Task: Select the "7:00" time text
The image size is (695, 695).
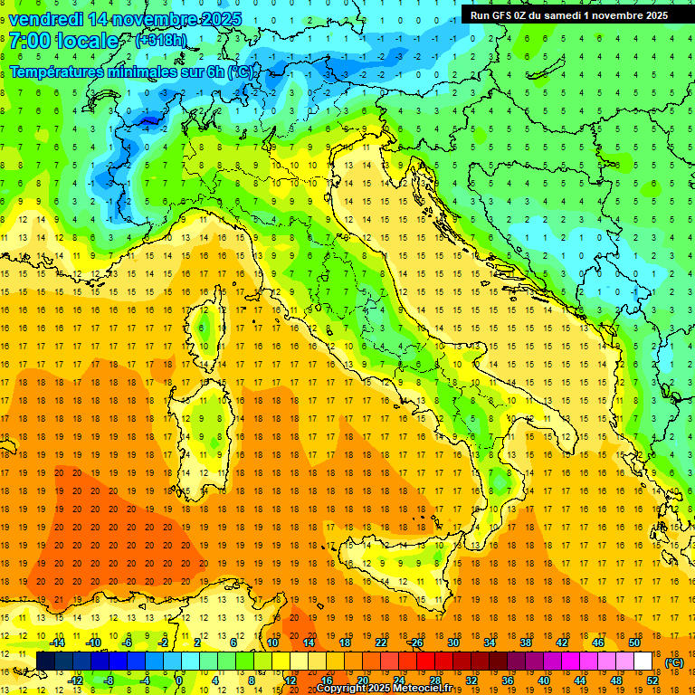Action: pos(31,41)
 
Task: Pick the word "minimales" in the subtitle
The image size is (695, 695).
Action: pos(142,71)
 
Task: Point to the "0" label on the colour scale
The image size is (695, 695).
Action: pos(179,681)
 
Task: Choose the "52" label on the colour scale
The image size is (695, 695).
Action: pos(652,681)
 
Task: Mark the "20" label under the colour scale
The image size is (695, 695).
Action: pos(362,681)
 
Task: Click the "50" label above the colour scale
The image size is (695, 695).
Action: pos(634,643)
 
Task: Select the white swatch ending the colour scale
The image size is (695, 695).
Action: pos(643,662)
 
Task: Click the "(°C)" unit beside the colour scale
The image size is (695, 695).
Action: pos(674,662)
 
